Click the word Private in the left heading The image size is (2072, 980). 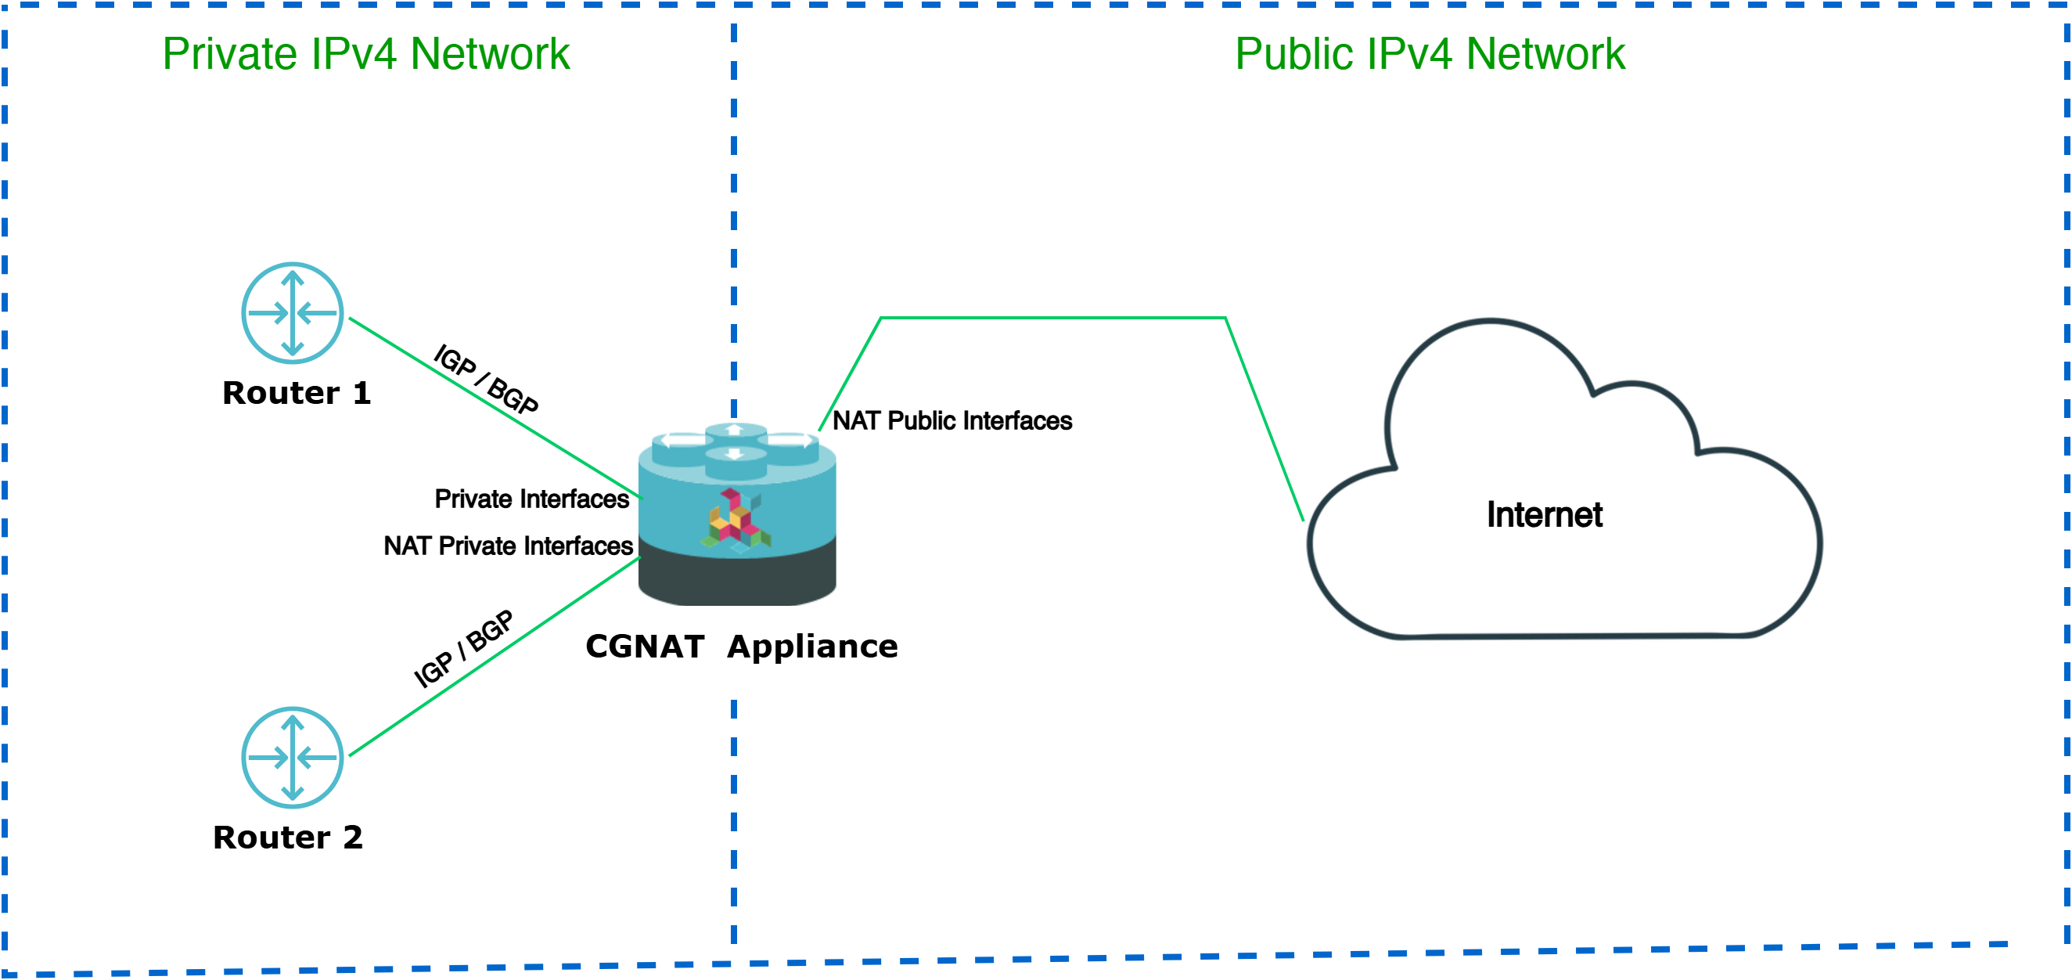click(230, 55)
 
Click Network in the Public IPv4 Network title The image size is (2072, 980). click(1545, 55)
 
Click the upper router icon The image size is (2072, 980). click(293, 313)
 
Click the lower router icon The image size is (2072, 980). click(293, 757)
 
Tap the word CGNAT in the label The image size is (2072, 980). click(644, 647)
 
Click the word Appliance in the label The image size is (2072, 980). click(811, 647)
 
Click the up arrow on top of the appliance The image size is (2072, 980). click(735, 431)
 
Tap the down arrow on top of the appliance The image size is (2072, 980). click(735, 455)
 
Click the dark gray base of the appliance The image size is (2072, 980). click(737, 579)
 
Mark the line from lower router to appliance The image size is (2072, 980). click(495, 656)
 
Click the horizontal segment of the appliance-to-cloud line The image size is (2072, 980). click(1054, 318)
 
